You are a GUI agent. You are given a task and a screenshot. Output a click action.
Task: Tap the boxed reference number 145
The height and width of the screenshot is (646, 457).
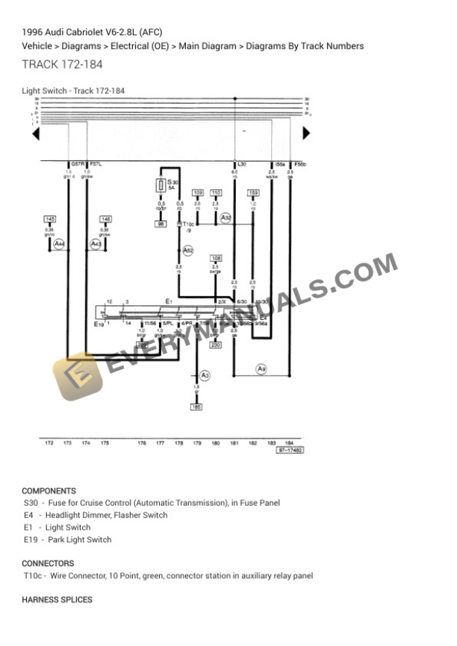pos(50,219)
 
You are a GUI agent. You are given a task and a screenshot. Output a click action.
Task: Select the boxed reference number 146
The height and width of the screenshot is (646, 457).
pos(106,219)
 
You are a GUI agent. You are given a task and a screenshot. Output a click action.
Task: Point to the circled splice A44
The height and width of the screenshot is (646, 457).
pos(59,244)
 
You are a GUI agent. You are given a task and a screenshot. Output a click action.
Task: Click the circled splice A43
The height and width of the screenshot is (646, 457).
pos(96,244)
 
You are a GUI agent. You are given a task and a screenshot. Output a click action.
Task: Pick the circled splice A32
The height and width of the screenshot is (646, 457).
pos(226,218)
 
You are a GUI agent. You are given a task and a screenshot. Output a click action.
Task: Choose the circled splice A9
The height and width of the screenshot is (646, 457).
pos(261,369)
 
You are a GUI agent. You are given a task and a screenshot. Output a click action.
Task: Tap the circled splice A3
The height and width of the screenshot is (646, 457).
pos(206,375)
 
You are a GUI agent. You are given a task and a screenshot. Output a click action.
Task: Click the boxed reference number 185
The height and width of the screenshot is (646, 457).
pos(196,407)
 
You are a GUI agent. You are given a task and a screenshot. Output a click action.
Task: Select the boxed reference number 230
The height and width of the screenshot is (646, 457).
pos(216,345)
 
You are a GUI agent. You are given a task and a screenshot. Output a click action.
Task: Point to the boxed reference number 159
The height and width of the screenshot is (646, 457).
pos(253,192)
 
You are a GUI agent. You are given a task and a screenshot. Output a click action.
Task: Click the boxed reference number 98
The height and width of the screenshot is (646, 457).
pos(161,224)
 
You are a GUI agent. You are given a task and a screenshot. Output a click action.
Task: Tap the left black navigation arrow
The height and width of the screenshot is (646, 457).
pos(35,134)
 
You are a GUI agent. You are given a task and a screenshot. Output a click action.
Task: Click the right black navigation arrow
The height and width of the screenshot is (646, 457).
pos(305,134)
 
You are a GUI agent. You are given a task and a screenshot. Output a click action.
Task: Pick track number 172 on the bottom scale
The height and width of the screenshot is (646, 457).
pos(49,443)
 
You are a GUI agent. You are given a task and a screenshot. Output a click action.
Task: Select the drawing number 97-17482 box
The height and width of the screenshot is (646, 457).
pos(290,451)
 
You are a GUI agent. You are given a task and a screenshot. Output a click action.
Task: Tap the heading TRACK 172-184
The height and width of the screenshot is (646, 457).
pos(63,64)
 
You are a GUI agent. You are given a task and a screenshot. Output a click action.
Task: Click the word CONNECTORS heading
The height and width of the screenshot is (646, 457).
pos(48,563)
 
